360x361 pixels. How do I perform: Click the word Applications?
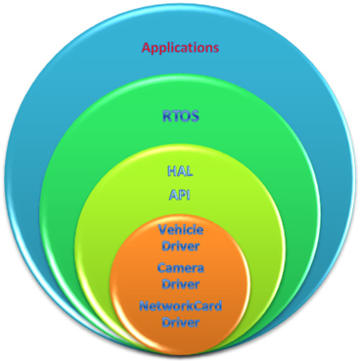pos(179,47)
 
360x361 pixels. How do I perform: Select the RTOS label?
pos(179,114)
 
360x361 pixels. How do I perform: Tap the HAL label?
pos(179,170)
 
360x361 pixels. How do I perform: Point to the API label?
pos(179,195)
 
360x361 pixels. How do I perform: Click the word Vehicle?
pos(179,229)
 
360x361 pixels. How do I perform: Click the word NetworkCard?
pos(179,306)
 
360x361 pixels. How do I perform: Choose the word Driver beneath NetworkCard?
pos(179,322)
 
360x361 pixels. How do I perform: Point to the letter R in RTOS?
pos(164,114)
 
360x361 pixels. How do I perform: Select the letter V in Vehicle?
pos(161,229)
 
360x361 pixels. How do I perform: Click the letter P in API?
pos(180,195)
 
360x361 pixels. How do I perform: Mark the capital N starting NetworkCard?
pos(143,306)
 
